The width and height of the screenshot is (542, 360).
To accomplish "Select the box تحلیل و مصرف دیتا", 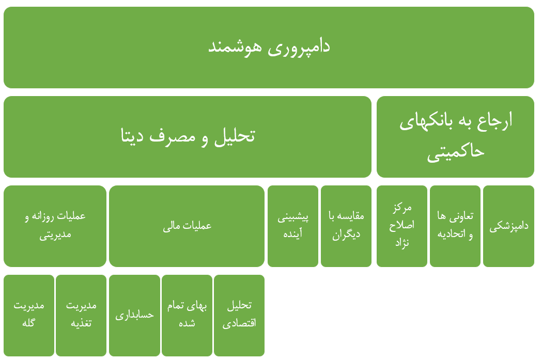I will (x=187, y=137).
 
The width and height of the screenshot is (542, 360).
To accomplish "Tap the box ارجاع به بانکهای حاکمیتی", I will (x=455, y=137).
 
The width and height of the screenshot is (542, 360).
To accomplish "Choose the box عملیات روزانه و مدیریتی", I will (x=55, y=226).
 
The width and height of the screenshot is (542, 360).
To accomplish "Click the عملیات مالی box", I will (x=187, y=226).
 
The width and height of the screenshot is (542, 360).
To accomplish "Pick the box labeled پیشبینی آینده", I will (x=293, y=226).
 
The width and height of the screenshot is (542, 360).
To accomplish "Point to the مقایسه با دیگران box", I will (x=346, y=226).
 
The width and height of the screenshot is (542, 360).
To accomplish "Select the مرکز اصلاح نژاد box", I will (x=402, y=226).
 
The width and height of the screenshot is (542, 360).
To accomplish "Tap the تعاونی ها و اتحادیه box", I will (x=455, y=226).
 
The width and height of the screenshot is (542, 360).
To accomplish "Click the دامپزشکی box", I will (x=508, y=226).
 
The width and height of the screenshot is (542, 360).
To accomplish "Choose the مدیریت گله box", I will (x=29, y=316).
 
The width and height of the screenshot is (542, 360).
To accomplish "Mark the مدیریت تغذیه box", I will (x=81, y=316).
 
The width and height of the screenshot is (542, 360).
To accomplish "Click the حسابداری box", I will (x=134, y=316).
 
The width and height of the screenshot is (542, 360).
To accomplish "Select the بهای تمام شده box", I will (x=187, y=316).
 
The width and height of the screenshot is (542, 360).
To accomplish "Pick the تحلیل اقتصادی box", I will (x=239, y=316).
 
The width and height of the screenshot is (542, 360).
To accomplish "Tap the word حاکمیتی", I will (x=455, y=152).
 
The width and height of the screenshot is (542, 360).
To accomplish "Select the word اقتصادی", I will (x=239, y=323).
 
